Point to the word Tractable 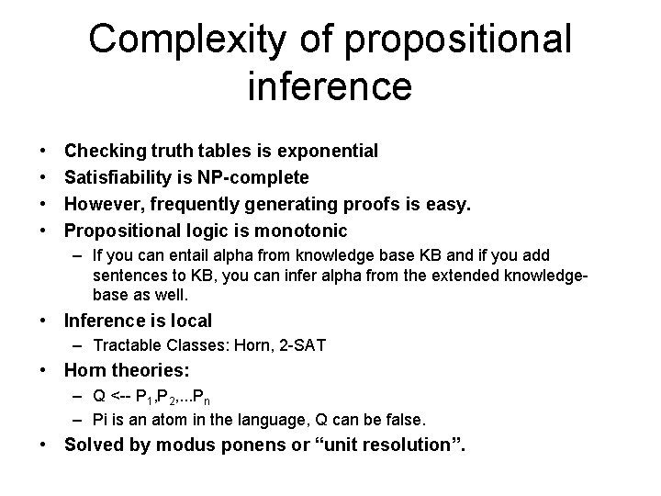coord(124,346)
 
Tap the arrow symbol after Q coord(118,398)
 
